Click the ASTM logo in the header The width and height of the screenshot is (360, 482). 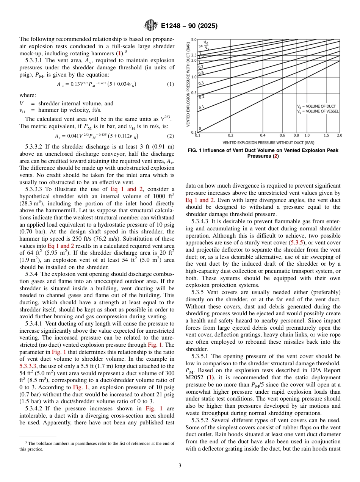pyautogui.click(x=150, y=26)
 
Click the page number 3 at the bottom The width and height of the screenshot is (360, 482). pyautogui.click(x=180, y=465)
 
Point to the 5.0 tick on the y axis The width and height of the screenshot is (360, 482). pyautogui.click(x=193, y=39)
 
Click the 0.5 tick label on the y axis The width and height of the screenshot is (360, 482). pyautogui.click(x=193, y=93)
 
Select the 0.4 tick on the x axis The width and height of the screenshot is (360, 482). pyautogui.click(x=263, y=135)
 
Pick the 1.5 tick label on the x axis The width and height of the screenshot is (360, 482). pyautogui.click(x=326, y=135)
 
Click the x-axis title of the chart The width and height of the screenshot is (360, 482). pyautogui.click(x=268, y=142)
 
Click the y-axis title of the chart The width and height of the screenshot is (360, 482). pyautogui.click(x=188, y=84)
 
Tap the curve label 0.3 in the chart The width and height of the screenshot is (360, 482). pyautogui.click(x=201, y=83)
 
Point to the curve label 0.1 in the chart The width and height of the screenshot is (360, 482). pyautogui.click(x=202, y=107)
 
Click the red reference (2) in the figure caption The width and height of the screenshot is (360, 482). pyautogui.click(x=276, y=156)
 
